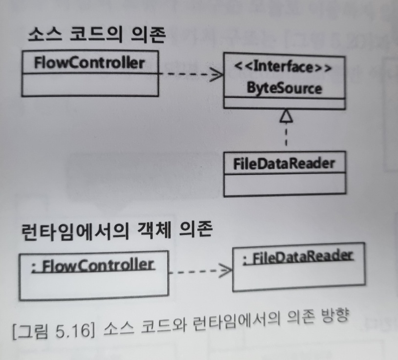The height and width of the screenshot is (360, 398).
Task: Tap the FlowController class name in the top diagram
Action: coord(89,63)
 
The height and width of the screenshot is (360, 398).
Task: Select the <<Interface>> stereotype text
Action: coord(284,67)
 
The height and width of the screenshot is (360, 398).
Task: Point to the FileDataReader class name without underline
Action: coord(284,163)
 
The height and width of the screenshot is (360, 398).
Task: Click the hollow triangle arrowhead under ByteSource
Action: coord(286,116)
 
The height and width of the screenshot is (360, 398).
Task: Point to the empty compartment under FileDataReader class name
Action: coord(284,184)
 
